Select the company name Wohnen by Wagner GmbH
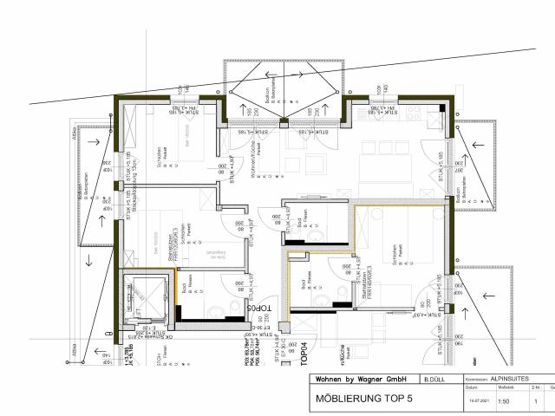pyautogui.click(x=362, y=380)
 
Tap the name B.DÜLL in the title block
pyautogui.click(x=434, y=380)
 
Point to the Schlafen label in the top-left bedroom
pyautogui.click(x=160, y=158)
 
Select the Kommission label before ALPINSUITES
pyautogui.click(x=479, y=380)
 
